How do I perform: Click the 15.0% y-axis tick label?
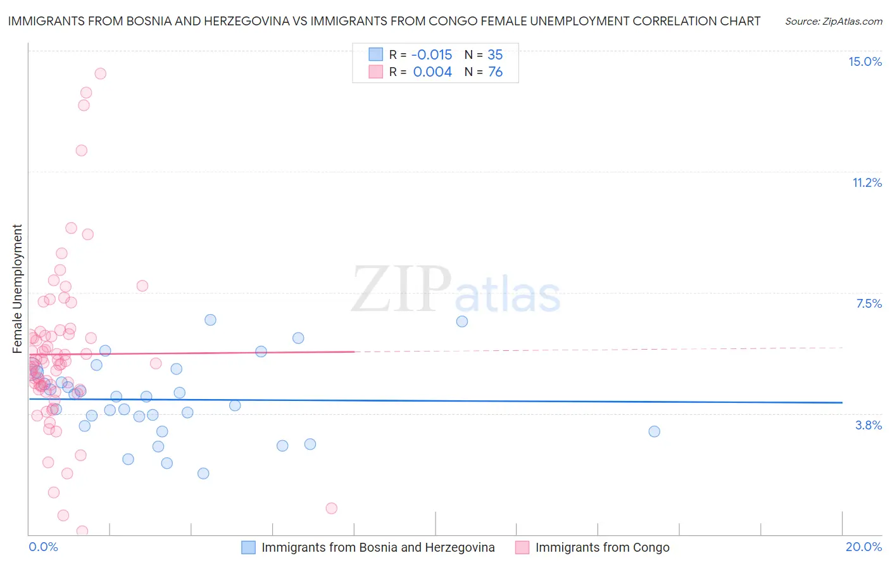pos(865,61)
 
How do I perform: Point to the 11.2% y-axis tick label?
pos(867,182)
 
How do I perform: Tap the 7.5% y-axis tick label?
pos(868,303)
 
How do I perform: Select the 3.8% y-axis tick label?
pos(868,425)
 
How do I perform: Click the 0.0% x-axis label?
pos(43,547)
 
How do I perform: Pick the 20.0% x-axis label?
pos(863,547)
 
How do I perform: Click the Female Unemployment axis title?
pos(17,288)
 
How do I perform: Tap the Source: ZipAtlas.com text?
pos(833,21)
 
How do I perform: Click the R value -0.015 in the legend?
pos(432,54)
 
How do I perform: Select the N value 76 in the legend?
pos(495,72)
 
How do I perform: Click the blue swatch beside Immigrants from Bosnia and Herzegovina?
pos(248,547)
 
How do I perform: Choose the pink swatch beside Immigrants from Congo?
pos(522,547)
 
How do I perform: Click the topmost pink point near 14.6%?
pos(100,73)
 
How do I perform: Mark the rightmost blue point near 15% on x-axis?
pos(654,431)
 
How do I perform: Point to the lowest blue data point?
pos(203,473)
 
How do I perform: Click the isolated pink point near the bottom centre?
pos(331,508)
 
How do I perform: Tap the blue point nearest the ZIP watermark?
pos(461,321)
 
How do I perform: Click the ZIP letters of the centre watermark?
pos(401,289)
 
